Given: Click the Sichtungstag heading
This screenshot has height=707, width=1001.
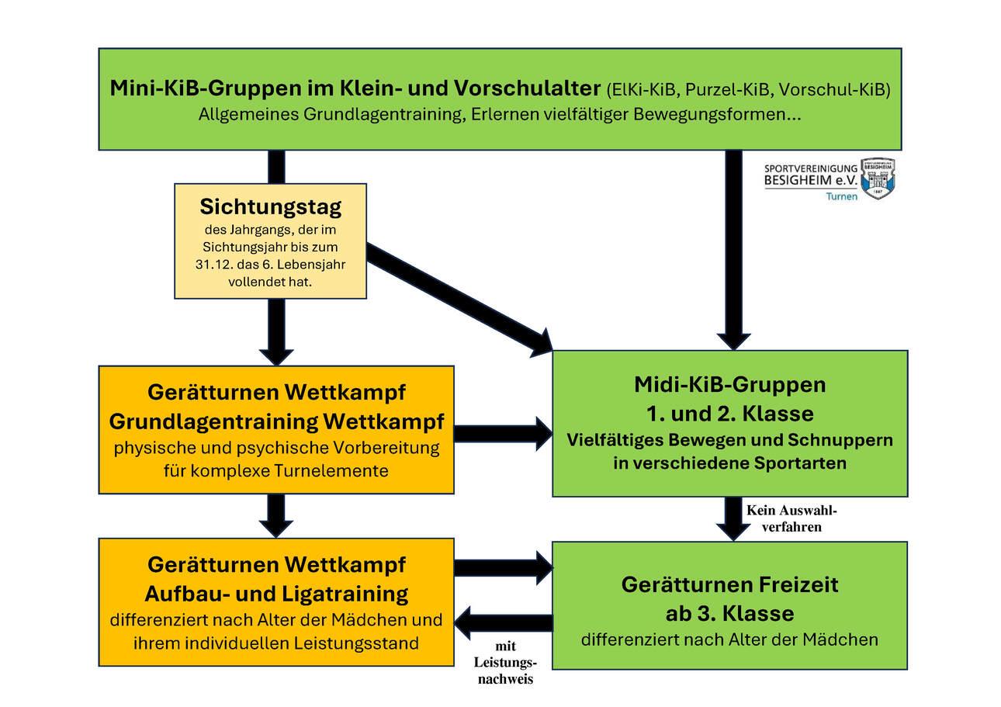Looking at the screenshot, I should (270, 207).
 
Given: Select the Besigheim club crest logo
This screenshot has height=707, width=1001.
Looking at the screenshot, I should (878, 178).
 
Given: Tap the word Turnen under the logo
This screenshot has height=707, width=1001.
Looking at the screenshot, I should (841, 196).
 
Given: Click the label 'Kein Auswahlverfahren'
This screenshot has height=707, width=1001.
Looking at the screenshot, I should (791, 518).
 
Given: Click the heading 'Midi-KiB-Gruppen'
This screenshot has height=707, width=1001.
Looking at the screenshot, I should (729, 384).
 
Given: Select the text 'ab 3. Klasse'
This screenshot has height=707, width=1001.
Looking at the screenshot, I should (729, 614).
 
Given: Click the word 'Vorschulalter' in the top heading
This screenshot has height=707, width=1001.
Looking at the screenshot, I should (521, 87).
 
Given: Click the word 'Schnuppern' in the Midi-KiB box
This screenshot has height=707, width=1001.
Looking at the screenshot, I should (840, 440).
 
